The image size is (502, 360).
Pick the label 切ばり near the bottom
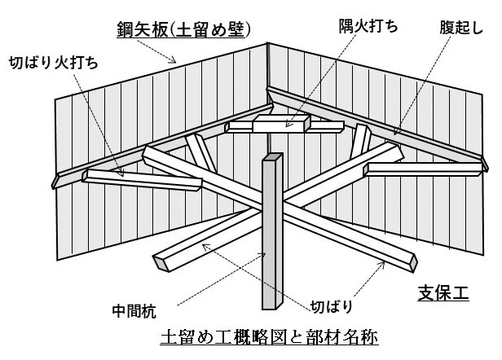pyautogui.click(x=333, y=307)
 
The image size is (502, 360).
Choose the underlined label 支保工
pyautogui.click(x=443, y=292)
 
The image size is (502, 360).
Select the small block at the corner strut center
pyautogui.click(x=281, y=124)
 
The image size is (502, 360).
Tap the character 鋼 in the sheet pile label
pyautogui.click(x=123, y=30)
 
